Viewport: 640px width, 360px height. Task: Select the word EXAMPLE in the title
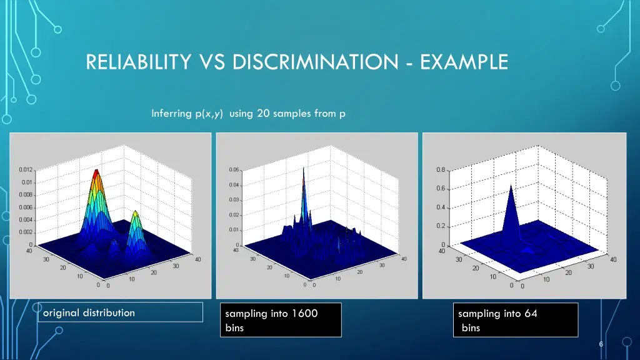point(464,62)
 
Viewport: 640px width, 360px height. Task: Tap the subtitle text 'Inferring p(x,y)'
point(187,113)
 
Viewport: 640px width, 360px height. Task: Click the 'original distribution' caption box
point(119,312)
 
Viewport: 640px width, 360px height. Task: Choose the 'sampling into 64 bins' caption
point(515,320)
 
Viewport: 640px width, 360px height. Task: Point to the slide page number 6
point(601,345)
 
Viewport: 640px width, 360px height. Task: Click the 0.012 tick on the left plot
point(26,170)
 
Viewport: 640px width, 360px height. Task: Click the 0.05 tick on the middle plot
point(232,170)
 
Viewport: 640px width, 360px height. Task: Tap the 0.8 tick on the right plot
point(441,170)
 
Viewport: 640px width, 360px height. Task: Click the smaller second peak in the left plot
point(135,214)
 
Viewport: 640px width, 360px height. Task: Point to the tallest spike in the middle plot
point(304,170)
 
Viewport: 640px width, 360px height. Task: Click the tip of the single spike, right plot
point(511,186)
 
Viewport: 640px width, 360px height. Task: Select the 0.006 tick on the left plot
point(26,207)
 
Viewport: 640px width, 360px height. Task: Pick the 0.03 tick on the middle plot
point(232,200)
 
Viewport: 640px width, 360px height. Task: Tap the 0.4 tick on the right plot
point(441,207)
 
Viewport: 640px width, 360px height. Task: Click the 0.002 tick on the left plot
point(26,232)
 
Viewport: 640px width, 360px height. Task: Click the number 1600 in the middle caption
point(305,314)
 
